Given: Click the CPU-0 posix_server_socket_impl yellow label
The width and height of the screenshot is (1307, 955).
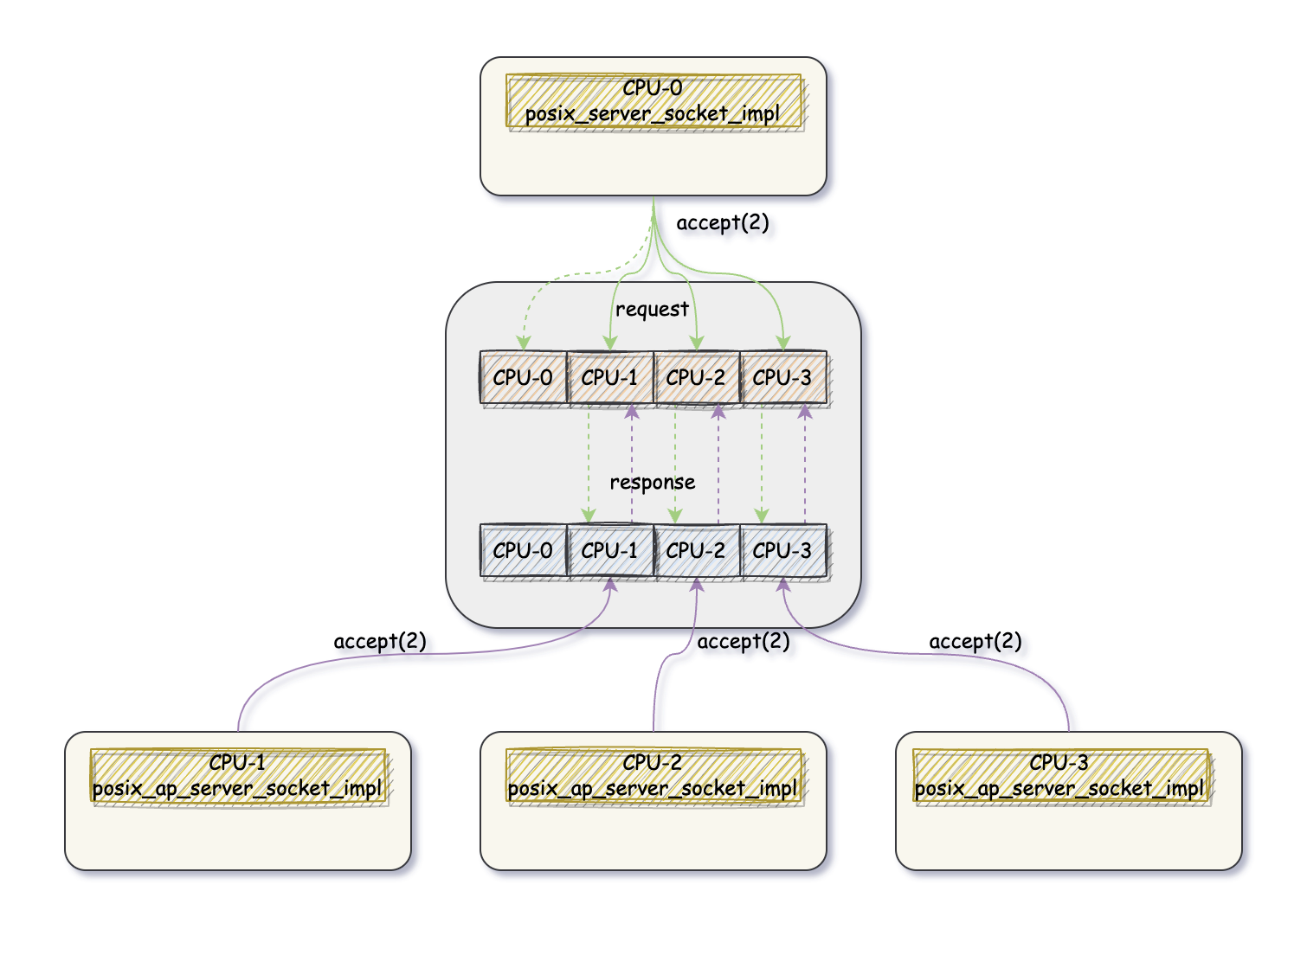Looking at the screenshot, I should [x=653, y=101].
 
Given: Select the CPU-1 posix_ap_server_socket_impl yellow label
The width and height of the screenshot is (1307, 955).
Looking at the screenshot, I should [x=238, y=776].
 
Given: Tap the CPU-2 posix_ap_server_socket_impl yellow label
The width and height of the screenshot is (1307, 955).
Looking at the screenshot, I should [x=653, y=776].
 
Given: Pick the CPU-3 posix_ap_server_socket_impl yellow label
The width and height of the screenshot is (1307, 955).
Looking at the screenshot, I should [x=1060, y=776].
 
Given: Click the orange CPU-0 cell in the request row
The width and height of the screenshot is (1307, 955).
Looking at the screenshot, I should [x=523, y=378].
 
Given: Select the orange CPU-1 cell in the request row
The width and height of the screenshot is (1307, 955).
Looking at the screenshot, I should [x=610, y=378].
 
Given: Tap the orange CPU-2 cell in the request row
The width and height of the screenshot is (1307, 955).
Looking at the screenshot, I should [x=697, y=378].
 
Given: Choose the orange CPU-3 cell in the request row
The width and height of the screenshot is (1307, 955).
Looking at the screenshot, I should [x=783, y=378].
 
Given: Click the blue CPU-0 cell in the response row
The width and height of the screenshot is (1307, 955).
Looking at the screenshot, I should [x=523, y=551].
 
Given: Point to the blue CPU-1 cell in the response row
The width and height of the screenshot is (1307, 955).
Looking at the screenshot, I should [x=610, y=551].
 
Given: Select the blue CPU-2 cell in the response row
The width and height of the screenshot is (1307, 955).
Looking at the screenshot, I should [x=697, y=551].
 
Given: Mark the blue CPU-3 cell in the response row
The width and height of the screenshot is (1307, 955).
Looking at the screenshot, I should [x=783, y=551].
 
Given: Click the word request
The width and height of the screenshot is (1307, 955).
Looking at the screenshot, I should [x=652, y=310].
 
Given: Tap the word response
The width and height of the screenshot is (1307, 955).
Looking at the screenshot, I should [x=652, y=483].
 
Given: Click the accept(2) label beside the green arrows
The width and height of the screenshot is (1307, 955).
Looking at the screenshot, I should [x=722, y=223].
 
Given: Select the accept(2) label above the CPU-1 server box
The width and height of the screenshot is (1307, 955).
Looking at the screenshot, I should [x=380, y=642].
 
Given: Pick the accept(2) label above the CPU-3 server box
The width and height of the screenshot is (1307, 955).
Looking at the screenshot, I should [x=975, y=642].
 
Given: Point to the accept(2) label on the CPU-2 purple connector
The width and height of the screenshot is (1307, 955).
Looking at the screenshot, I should [x=743, y=642].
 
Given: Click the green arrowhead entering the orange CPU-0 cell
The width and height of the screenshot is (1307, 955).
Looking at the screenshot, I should [x=523, y=343].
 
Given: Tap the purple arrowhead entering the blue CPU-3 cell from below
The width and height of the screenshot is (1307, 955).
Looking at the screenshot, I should [x=783, y=586].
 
